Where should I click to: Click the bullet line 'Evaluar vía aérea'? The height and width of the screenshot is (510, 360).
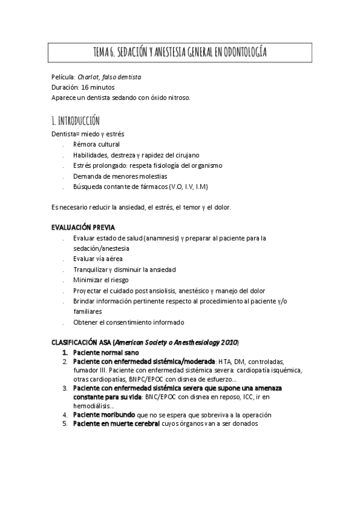(98, 259)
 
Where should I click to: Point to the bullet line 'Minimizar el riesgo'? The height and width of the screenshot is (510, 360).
(101, 280)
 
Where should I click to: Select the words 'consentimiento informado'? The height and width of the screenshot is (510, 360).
(148, 322)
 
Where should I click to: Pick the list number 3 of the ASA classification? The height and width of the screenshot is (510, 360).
(65, 389)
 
